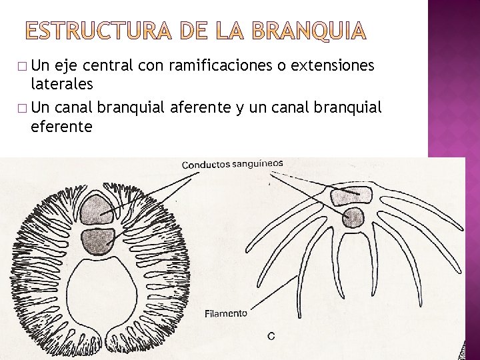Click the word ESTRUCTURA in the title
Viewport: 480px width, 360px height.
pyautogui.click(x=99, y=30)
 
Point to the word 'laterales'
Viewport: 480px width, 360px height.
pyautogui.click(x=61, y=84)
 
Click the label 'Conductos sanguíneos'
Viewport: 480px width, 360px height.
pyautogui.click(x=232, y=163)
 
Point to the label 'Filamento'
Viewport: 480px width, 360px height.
pyautogui.click(x=225, y=313)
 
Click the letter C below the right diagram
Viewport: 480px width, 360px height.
pyautogui.click(x=271, y=336)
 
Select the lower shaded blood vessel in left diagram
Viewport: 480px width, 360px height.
pyautogui.click(x=97, y=241)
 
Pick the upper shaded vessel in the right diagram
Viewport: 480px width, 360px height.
pyautogui.click(x=351, y=195)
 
